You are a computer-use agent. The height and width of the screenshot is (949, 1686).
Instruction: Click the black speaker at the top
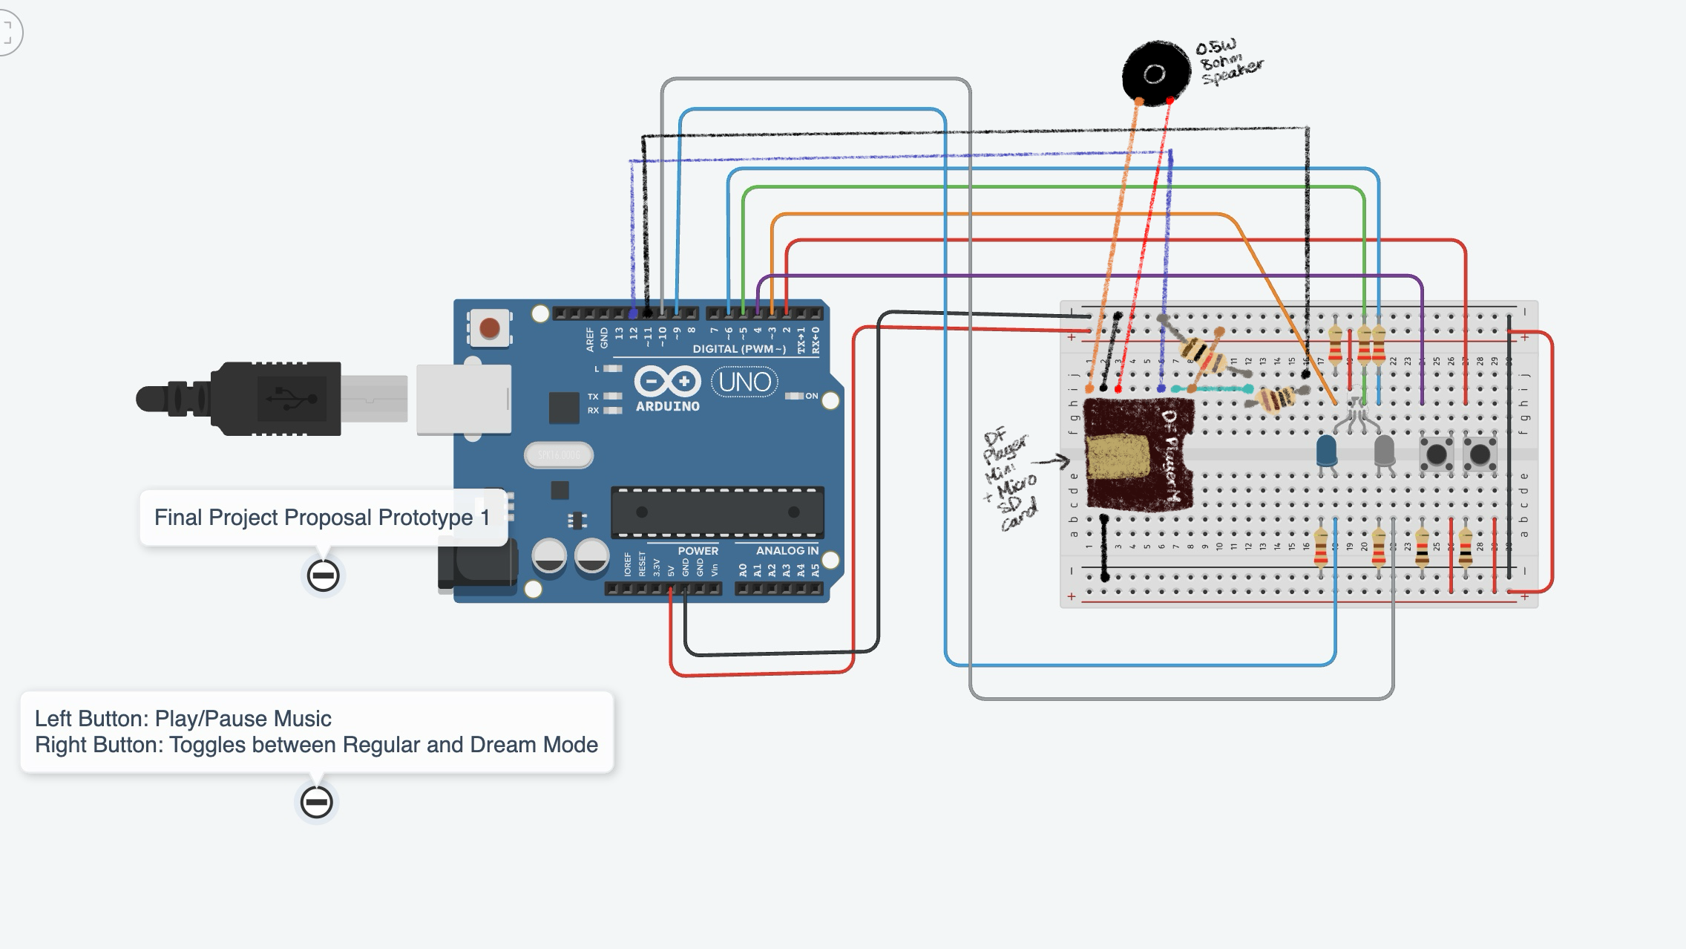(1154, 73)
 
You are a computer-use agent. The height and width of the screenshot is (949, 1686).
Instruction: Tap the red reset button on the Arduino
(490, 327)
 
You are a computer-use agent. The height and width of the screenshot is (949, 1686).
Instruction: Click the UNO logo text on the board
(744, 382)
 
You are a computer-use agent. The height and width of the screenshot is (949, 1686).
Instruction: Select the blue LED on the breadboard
(1326, 450)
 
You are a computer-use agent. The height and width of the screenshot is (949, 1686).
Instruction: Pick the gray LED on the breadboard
(1384, 450)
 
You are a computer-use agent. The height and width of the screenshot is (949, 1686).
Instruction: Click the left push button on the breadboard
(1436, 454)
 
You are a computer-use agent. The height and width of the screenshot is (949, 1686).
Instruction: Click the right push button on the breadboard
(1480, 454)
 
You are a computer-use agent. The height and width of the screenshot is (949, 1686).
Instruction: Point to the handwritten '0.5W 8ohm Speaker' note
(1229, 63)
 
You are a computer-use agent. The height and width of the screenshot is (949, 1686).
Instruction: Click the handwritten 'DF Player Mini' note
(1009, 479)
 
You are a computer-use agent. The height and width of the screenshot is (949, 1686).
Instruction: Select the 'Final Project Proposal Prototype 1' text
(321, 518)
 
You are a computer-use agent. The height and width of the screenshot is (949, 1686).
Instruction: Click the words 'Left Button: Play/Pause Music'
(183, 719)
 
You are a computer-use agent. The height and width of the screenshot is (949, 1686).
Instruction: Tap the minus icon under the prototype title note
(324, 575)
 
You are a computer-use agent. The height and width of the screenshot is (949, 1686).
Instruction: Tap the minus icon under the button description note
(317, 802)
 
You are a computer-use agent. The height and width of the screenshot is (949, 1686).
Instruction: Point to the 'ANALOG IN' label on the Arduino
(787, 551)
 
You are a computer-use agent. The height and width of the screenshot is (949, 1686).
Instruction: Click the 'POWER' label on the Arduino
(698, 551)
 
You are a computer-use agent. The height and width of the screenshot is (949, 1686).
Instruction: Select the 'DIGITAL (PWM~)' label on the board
(738, 349)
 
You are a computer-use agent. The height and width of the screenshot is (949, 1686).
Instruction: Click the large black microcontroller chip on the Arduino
(717, 512)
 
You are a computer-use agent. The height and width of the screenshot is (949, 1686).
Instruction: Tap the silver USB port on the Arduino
(464, 399)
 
